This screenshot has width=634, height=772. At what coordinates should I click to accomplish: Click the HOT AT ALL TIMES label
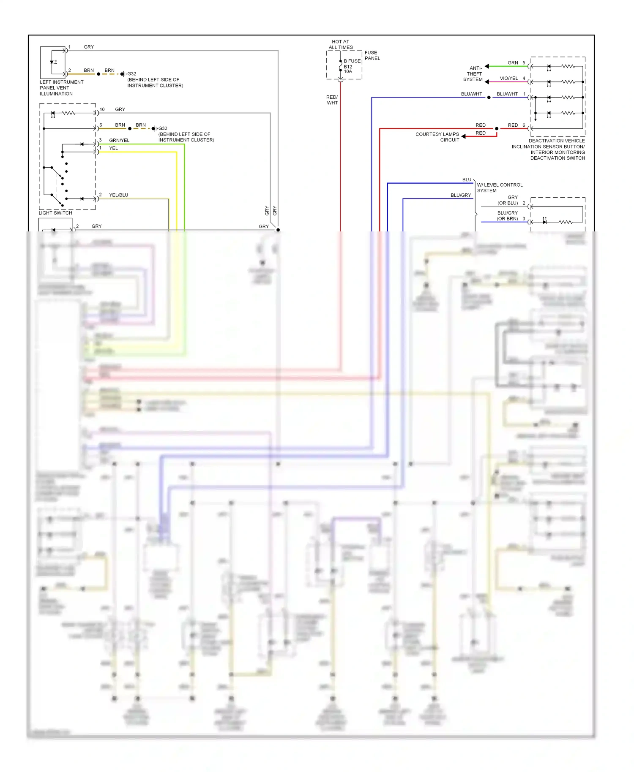[x=341, y=44]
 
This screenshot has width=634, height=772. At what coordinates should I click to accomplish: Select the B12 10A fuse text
[x=348, y=69]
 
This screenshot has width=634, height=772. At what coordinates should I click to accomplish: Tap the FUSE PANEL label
[x=372, y=55]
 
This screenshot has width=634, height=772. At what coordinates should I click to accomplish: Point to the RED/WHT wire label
[x=332, y=100]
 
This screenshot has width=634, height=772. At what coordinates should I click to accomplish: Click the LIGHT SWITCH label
[x=55, y=213]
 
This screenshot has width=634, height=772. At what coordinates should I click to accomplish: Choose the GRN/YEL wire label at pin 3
[x=119, y=140]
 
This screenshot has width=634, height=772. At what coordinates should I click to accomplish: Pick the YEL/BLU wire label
[x=118, y=195]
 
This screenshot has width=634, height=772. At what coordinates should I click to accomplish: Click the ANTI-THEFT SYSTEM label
[x=473, y=73]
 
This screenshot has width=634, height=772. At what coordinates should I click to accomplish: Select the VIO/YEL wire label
[x=508, y=79]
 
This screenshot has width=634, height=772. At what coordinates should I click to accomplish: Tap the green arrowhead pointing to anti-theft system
[x=487, y=66]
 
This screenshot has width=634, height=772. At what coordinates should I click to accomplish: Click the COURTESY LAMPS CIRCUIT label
[x=437, y=137]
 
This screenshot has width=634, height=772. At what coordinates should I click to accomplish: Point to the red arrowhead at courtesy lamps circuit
[x=464, y=136]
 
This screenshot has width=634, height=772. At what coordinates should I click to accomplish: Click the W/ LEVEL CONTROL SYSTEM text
[x=499, y=188]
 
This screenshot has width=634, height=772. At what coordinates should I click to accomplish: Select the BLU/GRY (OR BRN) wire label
[x=507, y=216]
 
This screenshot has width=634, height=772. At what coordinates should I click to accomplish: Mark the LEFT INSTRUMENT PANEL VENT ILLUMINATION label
[x=61, y=88]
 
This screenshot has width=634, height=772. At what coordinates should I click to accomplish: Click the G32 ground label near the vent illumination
[x=131, y=73]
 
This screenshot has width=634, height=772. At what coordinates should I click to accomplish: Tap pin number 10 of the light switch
[x=102, y=109]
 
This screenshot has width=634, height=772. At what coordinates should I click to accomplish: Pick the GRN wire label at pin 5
[x=513, y=63]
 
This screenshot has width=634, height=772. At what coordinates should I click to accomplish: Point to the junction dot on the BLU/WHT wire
[x=489, y=98]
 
